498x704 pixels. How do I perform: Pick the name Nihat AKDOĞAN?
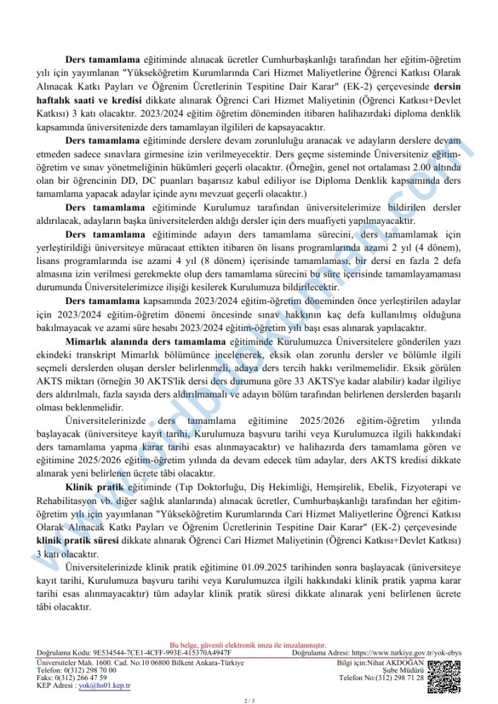(x=398, y=662)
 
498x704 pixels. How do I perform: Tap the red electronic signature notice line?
(x=249, y=645)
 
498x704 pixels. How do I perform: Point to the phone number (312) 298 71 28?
(x=397, y=677)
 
